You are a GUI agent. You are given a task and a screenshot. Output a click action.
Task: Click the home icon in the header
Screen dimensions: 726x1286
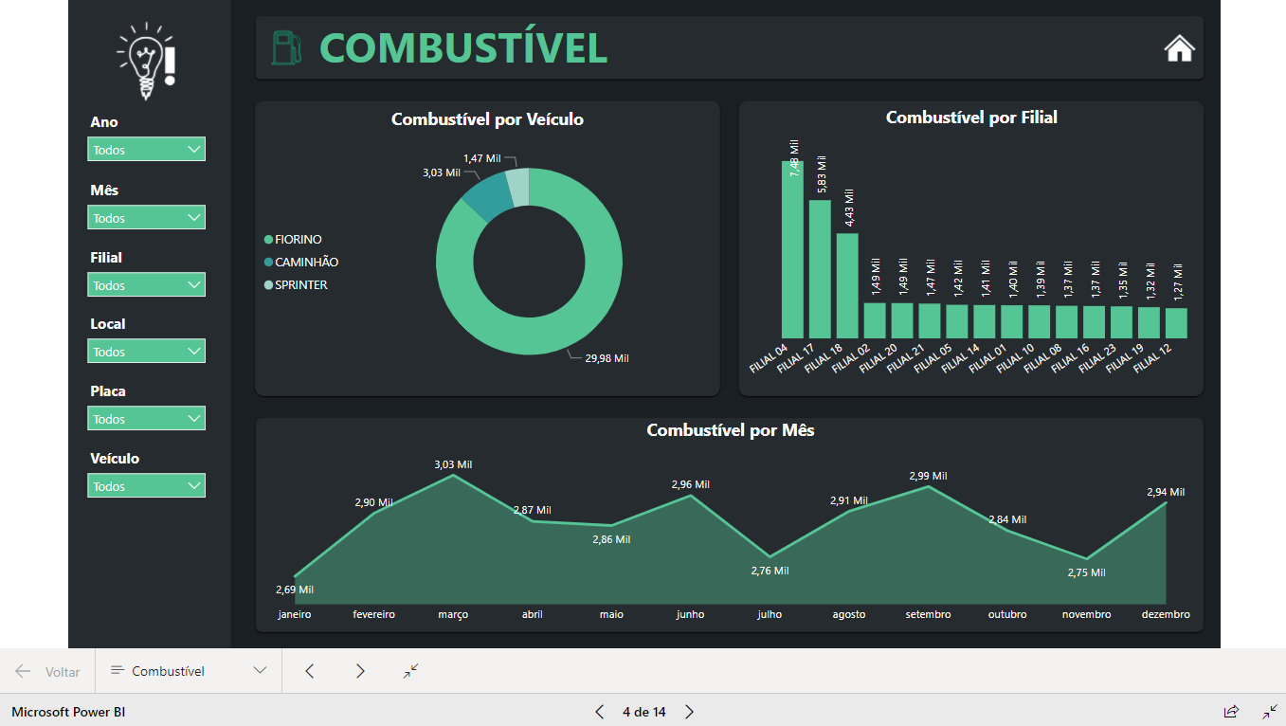[x=1179, y=48]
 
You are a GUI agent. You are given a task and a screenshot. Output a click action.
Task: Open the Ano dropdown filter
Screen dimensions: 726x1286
[x=147, y=150]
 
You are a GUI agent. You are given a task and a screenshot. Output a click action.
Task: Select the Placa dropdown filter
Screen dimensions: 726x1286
[x=147, y=419]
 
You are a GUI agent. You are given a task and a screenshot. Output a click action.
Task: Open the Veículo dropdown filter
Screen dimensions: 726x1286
[x=147, y=486]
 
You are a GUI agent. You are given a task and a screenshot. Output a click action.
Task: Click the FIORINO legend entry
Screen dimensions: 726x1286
[x=298, y=240]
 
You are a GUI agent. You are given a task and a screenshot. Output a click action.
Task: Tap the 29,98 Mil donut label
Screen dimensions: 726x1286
[x=607, y=358]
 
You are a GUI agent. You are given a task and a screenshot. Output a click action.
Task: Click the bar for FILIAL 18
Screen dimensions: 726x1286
[x=847, y=285]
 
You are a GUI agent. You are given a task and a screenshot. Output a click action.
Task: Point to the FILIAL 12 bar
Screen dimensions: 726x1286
[x=1176, y=323]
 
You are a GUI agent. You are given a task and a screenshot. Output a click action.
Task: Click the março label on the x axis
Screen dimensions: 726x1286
[x=453, y=615]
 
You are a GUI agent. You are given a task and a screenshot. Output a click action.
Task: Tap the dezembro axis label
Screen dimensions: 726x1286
[x=1166, y=615]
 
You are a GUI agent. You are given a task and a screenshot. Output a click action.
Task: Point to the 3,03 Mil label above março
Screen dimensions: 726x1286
[x=453, y=464]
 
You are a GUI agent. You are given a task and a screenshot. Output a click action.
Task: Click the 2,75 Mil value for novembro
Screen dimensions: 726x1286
[x=1086, y=572]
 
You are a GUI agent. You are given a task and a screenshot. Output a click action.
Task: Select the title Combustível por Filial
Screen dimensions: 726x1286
[x=971, y=118]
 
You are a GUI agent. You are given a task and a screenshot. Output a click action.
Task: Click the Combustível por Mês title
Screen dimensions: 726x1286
[x=730, y=430]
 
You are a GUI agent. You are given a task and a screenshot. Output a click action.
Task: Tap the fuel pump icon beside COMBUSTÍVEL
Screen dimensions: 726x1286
[x=286, y=48]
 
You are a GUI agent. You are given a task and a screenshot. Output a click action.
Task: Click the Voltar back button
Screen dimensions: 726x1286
[x=48, y=672]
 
